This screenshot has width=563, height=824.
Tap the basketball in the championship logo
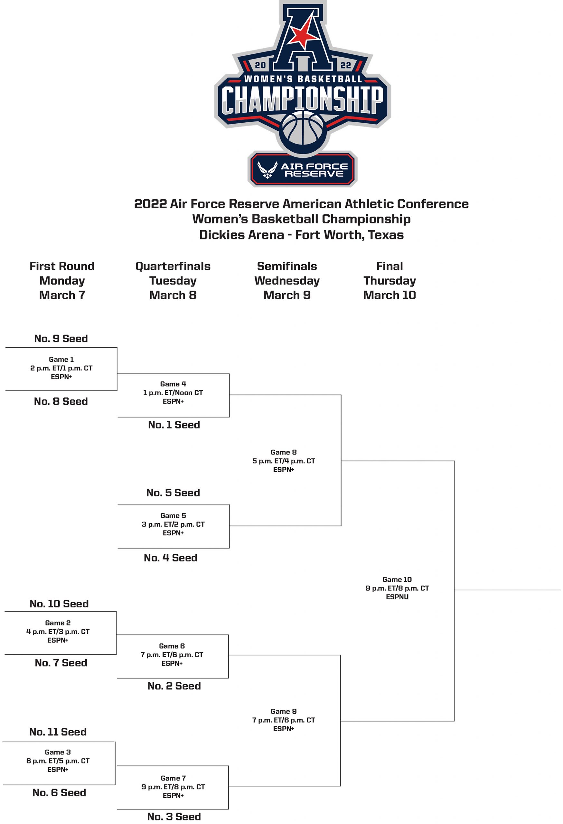tap(302, 130)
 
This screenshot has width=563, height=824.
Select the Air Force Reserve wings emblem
tap(267, 170)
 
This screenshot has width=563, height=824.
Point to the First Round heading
tap(62, 266)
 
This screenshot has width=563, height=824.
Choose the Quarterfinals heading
tap(173, 266)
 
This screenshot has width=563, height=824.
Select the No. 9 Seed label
tap(61, 339)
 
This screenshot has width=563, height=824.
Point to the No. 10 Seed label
tap(59, 604)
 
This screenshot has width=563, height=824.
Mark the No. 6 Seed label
tap(59, 793)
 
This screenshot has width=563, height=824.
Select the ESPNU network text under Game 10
tap(397, 597)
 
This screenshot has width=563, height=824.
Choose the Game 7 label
tap(173, 778)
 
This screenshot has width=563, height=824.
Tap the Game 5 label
tap(173, 516)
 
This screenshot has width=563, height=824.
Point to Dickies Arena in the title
tap(241, 235)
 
